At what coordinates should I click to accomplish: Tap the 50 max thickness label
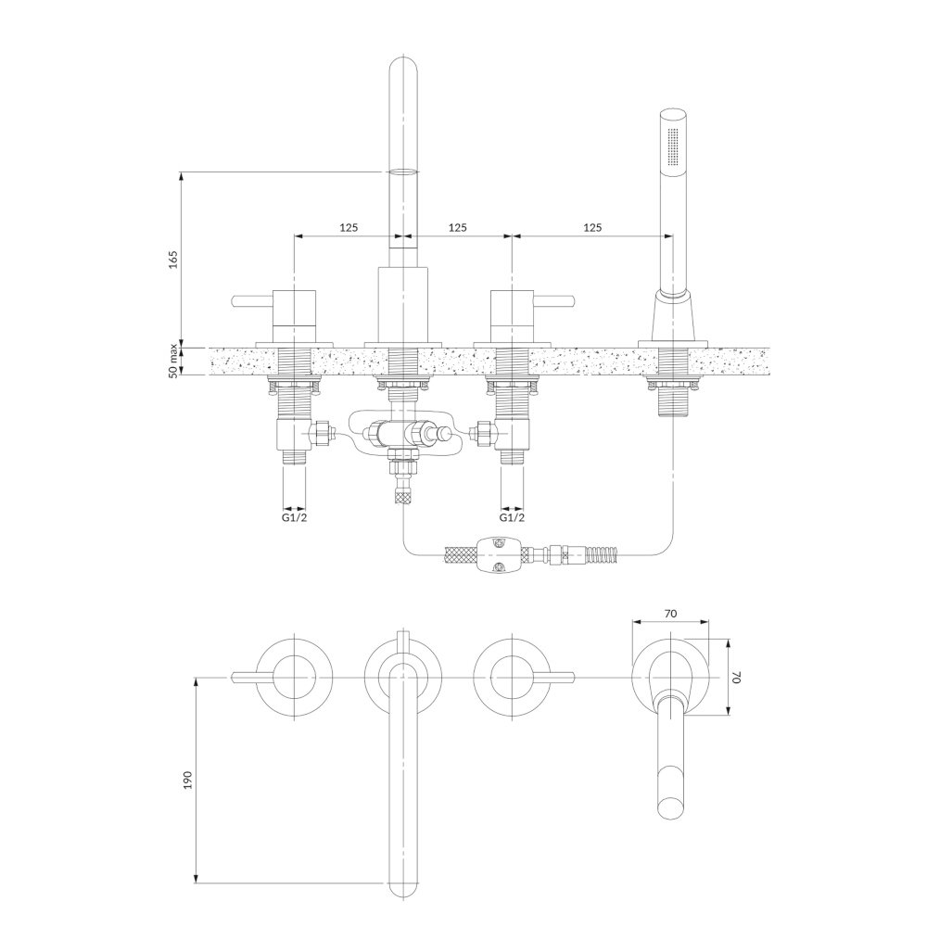pyautogui.click(x=172, y=362)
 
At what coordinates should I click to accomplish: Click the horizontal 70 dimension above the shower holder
pyautogui.click(x=670, y=613)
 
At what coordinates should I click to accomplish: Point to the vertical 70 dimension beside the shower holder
pyautogui.click(x=737, y=677)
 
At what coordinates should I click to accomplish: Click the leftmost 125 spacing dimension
pyautogui.click(x=349, y=227)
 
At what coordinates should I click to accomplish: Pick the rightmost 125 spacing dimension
pyautogui.click(x=592, y=227)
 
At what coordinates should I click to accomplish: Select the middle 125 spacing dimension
pyautogui.click(x=458, y=227)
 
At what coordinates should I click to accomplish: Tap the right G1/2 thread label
pyautogui.click(x=512, y=517)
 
